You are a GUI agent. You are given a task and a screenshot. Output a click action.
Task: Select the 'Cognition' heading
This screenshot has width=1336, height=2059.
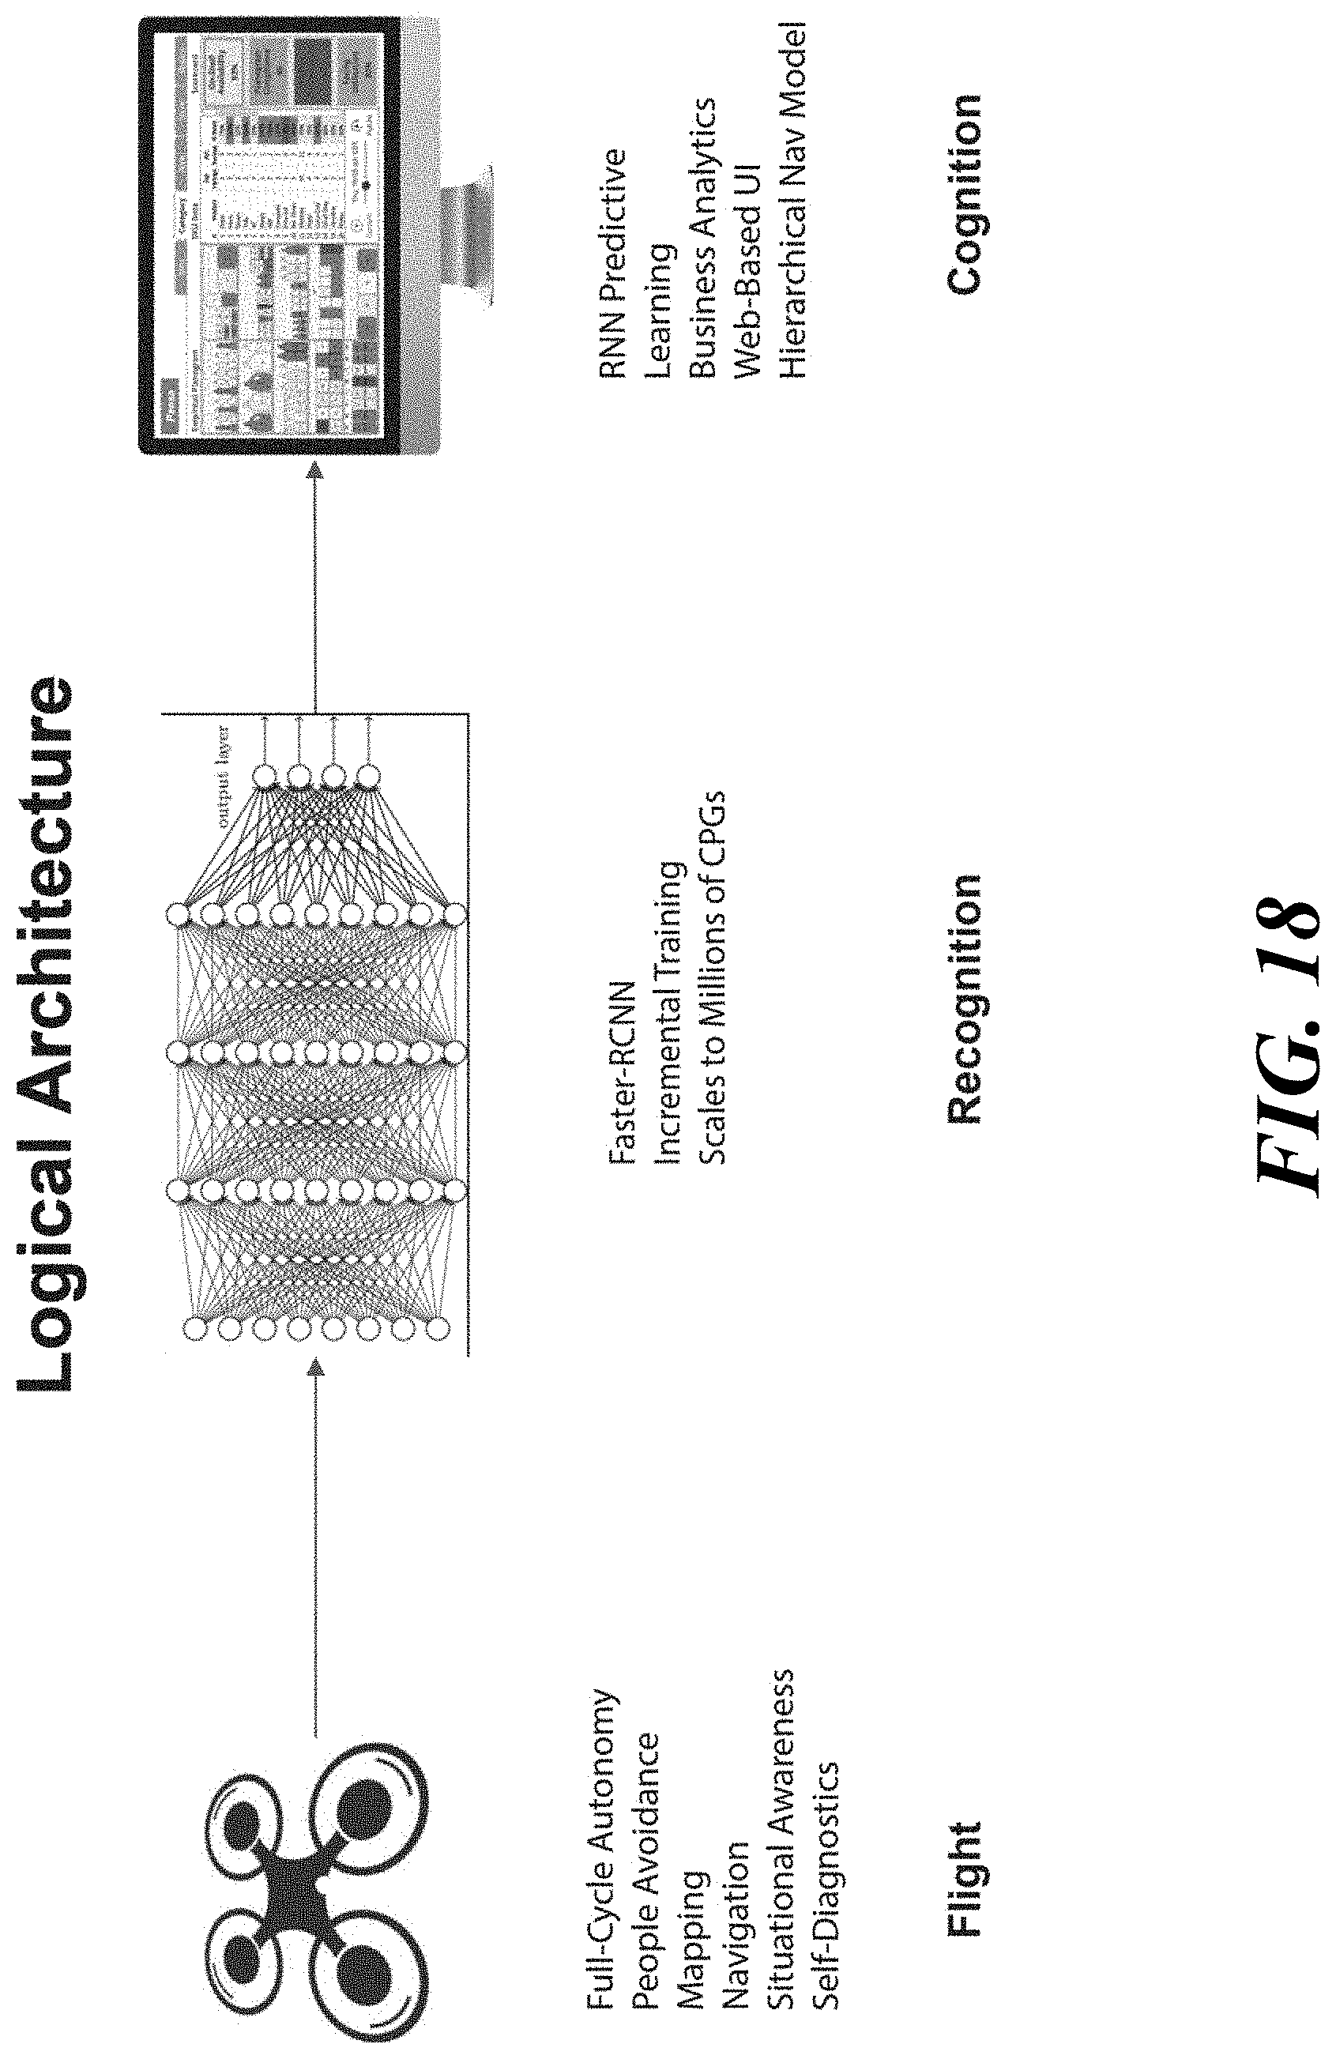tap(965, 195)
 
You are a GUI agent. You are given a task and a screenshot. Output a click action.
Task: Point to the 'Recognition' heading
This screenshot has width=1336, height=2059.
tap(965, 999)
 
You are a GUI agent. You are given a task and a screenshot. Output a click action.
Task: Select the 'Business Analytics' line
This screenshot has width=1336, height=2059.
tap(702, 237)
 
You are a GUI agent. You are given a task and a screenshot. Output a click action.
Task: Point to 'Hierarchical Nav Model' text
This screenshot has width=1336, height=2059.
tap(791, 199)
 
